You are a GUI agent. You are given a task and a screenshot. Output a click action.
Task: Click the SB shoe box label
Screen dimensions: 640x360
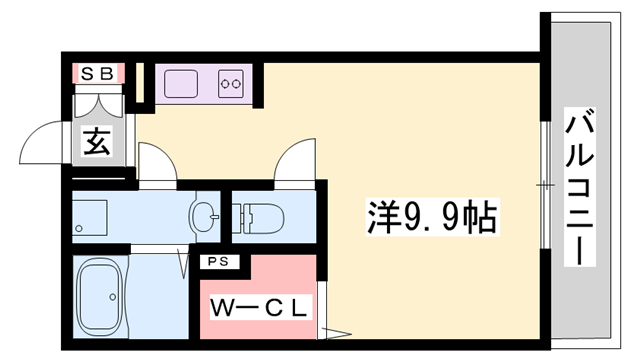click(x=97, y=72)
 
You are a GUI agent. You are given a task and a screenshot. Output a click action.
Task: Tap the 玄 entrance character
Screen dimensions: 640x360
click(x=97, y=141)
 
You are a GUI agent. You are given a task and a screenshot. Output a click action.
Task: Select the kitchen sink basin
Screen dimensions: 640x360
click(x=182, y=81)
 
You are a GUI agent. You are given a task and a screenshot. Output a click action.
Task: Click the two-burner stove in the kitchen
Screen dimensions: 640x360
click(x=232, y=82)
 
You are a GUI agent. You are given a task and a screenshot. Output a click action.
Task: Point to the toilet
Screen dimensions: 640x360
click(x=263, y=215)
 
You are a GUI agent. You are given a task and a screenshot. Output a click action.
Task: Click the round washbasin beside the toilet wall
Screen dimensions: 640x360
click(x=204, y=214)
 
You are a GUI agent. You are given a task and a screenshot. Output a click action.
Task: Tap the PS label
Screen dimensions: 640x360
click(x=218, y=262)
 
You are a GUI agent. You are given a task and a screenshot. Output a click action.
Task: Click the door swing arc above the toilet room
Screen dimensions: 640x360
click(x=296, y=161)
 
